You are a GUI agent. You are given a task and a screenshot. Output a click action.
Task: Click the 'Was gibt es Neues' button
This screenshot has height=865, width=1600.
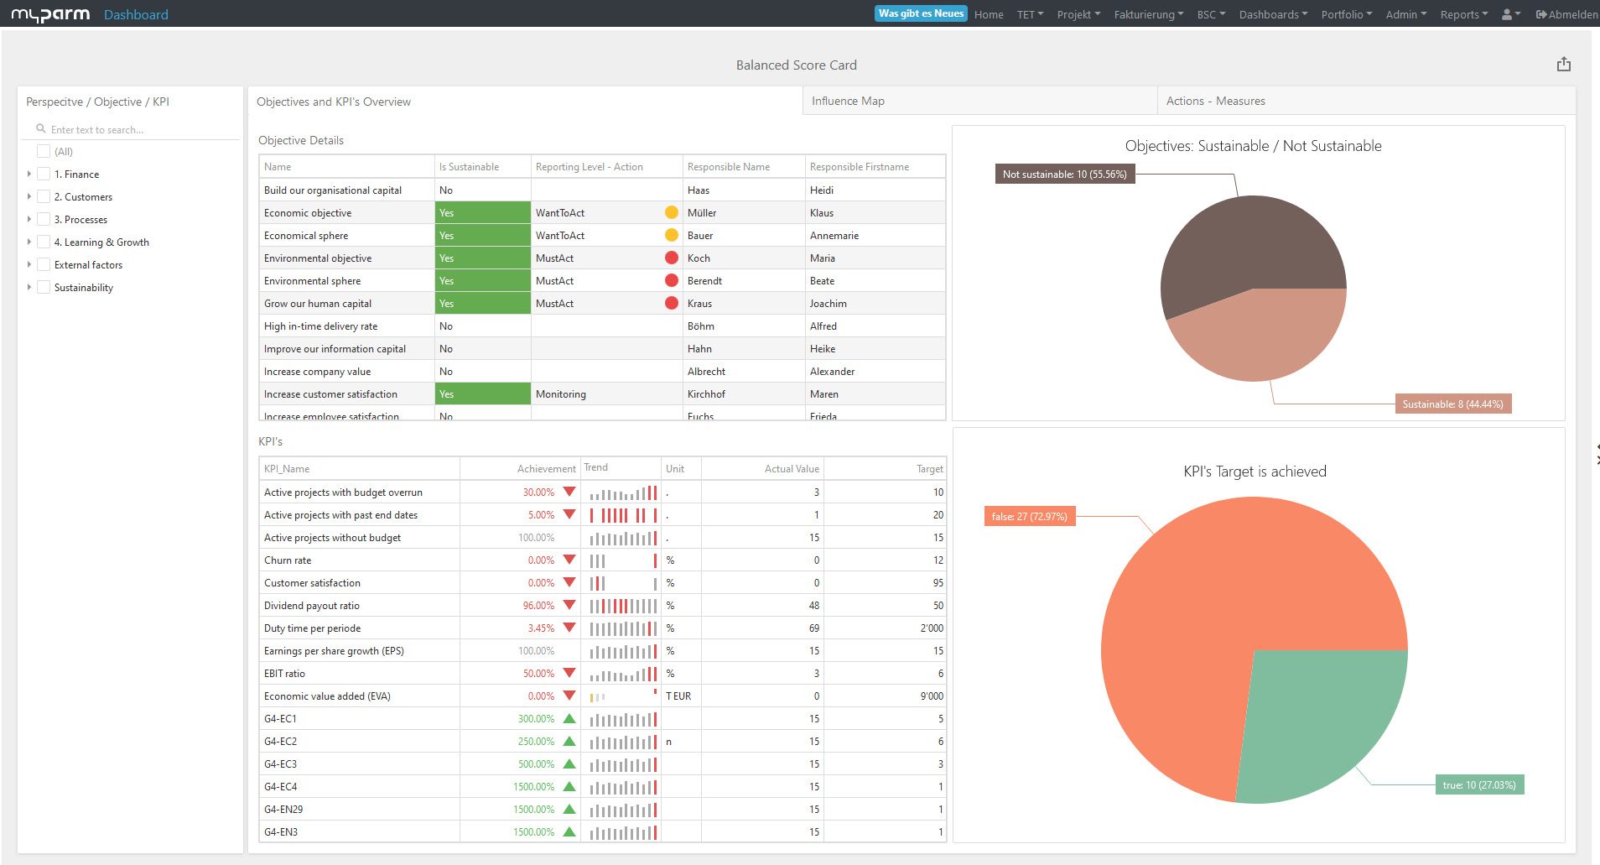[921, 13]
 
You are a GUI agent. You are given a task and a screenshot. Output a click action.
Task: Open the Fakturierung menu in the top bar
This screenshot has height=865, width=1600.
[1148, 14]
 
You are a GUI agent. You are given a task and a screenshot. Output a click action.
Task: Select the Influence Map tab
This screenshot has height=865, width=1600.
[848, 101]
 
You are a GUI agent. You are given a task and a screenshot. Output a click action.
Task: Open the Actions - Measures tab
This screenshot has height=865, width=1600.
[1215, 101]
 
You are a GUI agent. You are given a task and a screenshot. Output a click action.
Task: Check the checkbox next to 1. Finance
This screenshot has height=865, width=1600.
[44, 174]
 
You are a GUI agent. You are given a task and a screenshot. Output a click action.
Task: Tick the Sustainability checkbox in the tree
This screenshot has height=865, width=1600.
[44, 287]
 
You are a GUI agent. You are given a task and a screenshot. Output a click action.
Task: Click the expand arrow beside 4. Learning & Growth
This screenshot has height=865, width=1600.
[29, 242]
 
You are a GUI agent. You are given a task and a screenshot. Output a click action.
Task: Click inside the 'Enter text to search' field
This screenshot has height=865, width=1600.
[134, 130]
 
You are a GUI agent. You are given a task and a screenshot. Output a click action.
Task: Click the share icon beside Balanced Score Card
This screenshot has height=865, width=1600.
[1563, 65]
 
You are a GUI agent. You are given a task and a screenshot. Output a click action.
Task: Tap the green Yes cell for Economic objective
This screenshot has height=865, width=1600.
[482, 213]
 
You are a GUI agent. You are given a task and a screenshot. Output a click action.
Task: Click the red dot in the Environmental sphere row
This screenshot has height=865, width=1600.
[671, 280]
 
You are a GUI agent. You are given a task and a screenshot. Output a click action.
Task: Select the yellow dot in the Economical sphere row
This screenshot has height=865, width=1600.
[671, 236]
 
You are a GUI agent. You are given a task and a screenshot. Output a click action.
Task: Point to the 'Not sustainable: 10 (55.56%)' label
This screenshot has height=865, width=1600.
[1064, 175]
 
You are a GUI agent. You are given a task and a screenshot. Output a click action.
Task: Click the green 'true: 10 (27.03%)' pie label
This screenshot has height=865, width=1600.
[1478, 785]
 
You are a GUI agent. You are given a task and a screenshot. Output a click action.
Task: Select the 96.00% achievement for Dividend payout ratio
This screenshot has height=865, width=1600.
[538, 606]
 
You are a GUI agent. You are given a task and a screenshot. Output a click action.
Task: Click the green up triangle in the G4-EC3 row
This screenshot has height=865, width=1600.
[569, 764]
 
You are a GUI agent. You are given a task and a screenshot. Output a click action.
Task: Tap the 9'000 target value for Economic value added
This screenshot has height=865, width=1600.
[931, 696]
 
